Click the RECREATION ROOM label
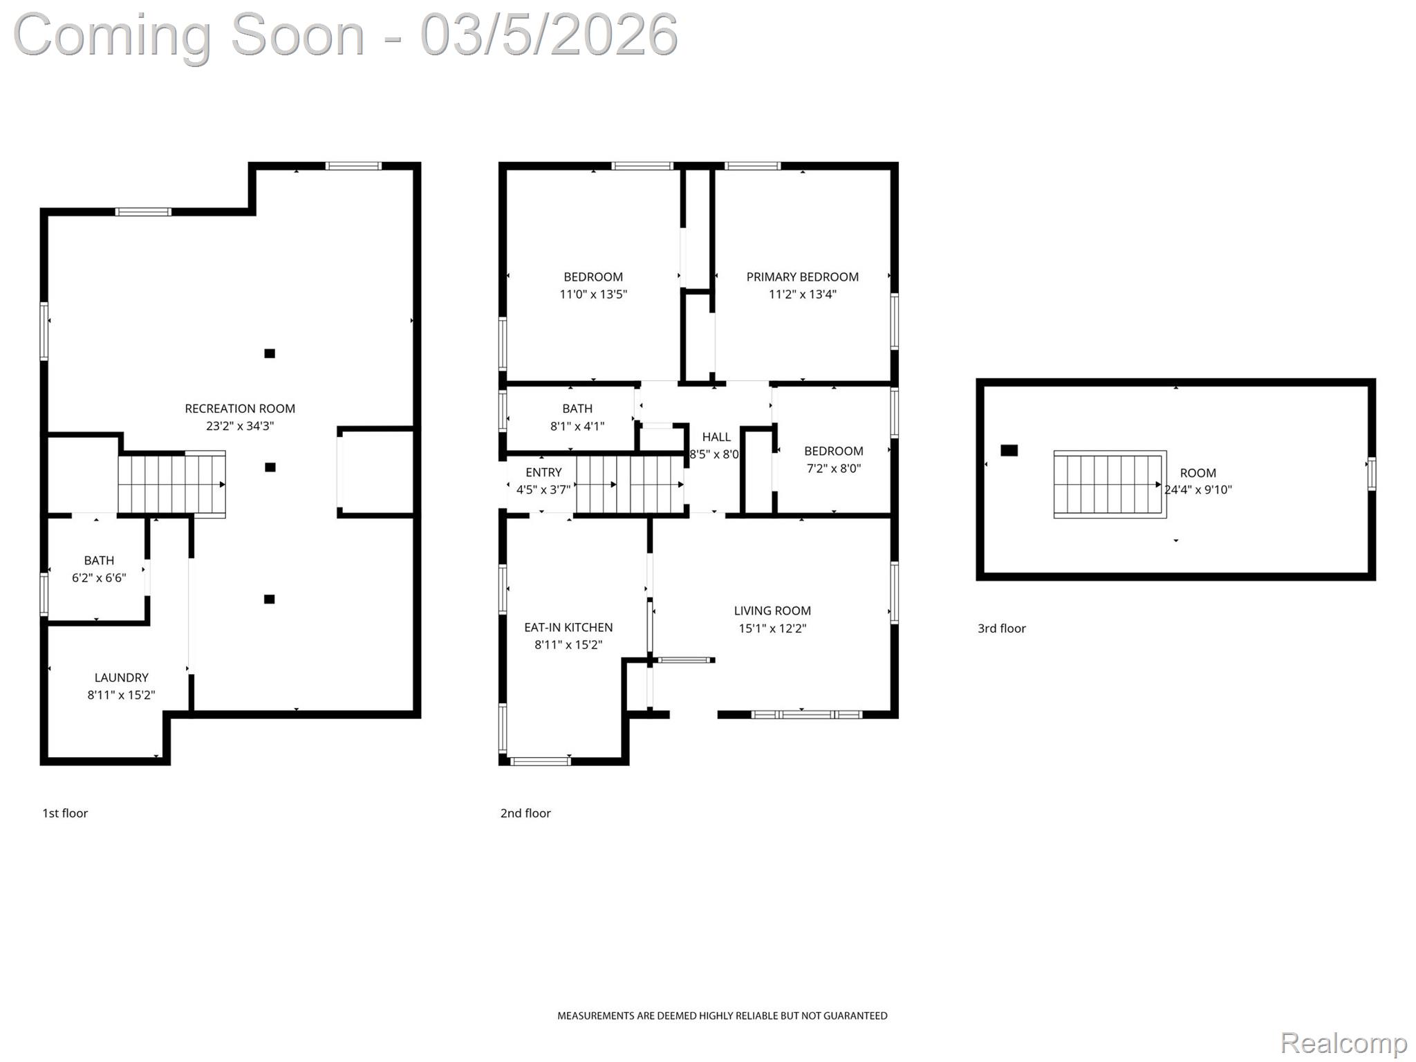click(x=240, y=409)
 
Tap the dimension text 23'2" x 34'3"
click(x=240, y=426)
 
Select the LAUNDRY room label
click(x=121, y=678)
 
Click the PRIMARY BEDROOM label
click(x=802, y=277)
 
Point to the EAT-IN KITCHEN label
click(x=568, y=627)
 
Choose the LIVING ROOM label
click(x=772, y=611)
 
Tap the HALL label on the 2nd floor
click(x=716, y=437)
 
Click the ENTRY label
click(x=543, y=472)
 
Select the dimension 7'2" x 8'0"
click(x=833, y=468)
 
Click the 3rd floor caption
click(x=1001, y=628)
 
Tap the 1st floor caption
click(x=65, y=813)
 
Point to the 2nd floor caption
click(x=525, y=813)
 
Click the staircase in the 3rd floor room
click(x=1109, y=484)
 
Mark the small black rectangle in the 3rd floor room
click(x=1009, y=451)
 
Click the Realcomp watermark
click(x=1343, y=1043)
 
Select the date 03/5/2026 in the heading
click(x=549, y=35)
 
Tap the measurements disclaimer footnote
click(x=722, y=1016)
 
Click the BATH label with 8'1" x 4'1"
click(x=577, y=409)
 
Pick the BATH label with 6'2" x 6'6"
click(x=99, y=560)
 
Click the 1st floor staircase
click(x=171, y=483)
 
